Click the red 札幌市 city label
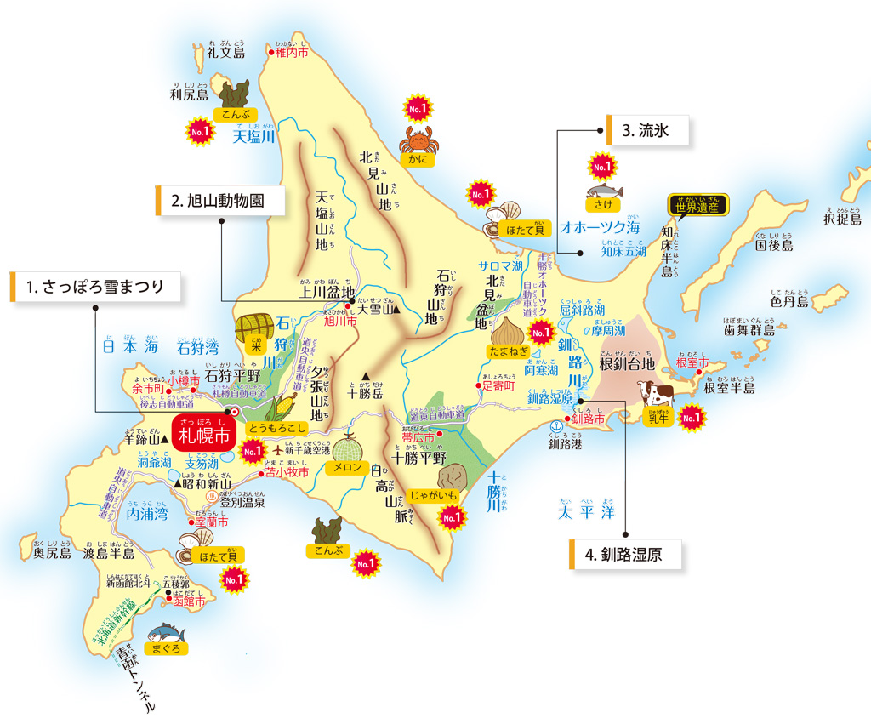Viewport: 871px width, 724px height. click(x=202, y=436)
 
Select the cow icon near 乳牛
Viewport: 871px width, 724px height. click(x=656, y=394)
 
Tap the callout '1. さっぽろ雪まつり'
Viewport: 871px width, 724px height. click(x=96, y=287)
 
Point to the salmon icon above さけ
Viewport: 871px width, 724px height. click(x=604, y=191)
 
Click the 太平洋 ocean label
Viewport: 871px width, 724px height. click(x=586, y=513)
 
